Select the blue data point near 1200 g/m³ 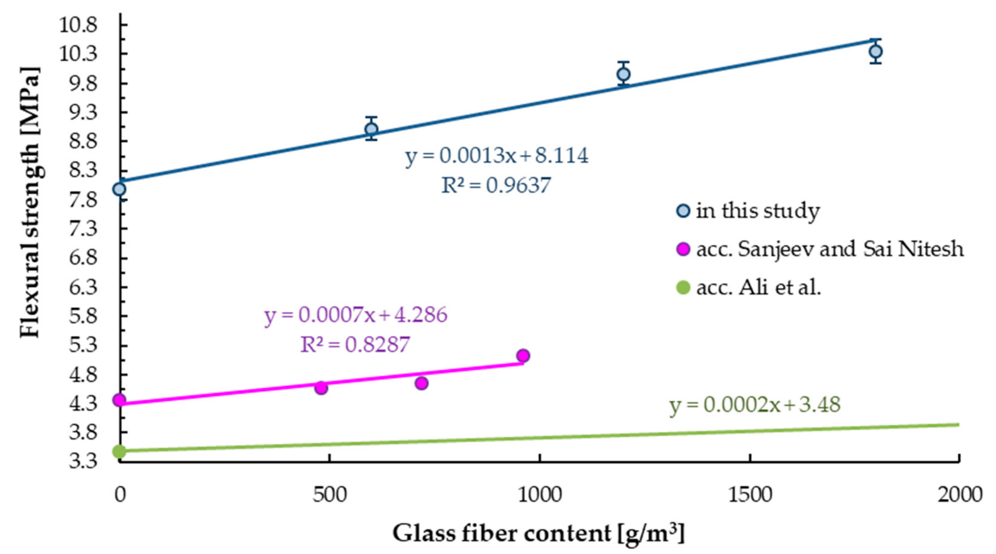click(623, 74)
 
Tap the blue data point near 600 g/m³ click(371, 129)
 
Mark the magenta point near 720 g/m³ click(421, 383)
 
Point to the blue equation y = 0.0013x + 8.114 click(497, 156)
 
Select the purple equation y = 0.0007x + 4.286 click(356, 315)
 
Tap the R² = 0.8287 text click(355, 344)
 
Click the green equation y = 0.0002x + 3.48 click(755, 405)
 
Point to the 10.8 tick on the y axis click(83, 25)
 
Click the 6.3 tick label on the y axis click(83, 287)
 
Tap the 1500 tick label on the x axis click(750, 495)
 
